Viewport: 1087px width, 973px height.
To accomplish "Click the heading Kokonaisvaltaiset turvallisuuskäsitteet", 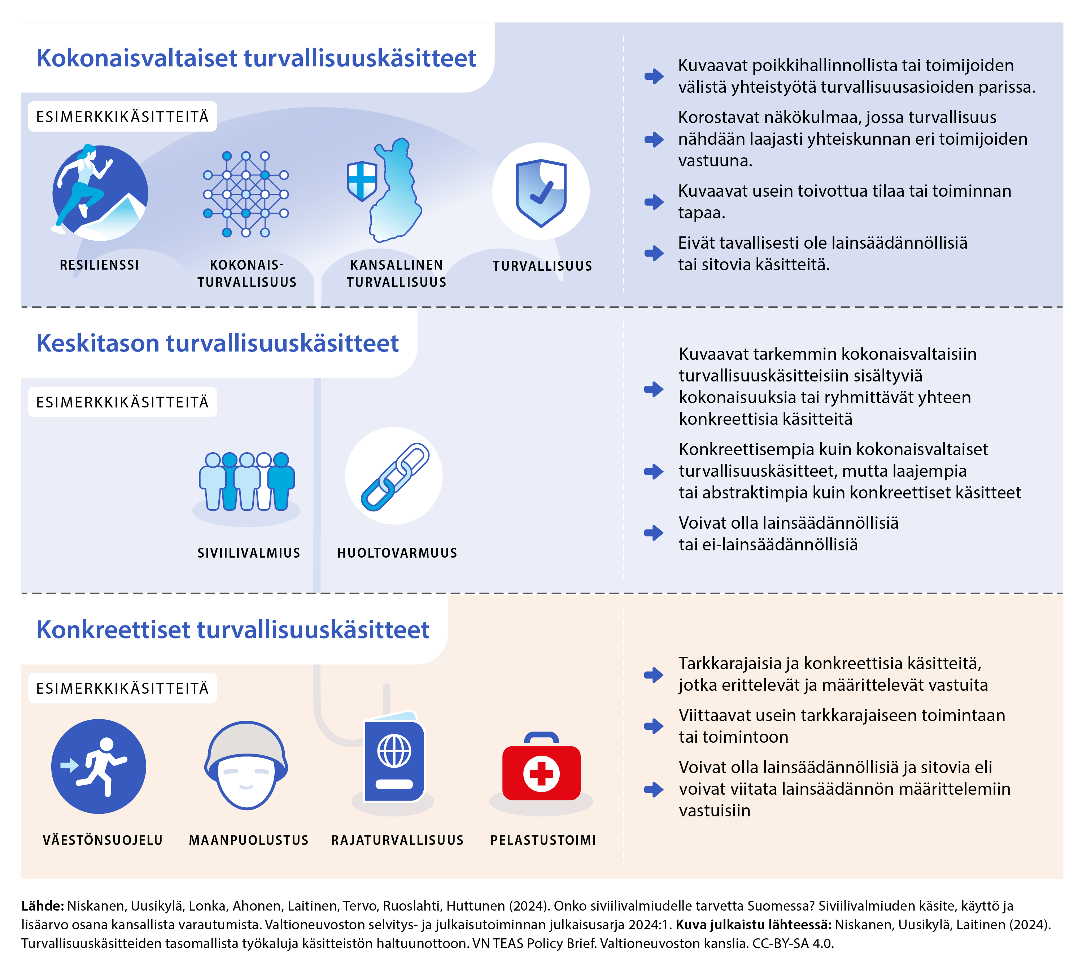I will pos(256,58).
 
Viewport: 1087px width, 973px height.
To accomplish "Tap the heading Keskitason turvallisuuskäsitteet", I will pos(217,343).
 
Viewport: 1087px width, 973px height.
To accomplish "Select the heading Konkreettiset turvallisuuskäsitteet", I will pos(232,629).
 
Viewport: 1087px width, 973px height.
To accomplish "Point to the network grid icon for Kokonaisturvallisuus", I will pos(246,194).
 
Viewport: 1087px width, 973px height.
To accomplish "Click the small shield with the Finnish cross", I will pos(362,181).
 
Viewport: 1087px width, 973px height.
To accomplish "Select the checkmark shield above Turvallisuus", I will pos(541,192).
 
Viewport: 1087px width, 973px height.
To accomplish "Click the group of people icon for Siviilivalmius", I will pos(246,481).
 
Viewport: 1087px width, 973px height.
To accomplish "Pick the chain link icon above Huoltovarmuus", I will pos(394,476).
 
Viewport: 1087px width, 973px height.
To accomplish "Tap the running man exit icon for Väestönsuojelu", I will pos(99,766).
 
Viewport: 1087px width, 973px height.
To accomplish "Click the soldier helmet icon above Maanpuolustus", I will pos(246,764).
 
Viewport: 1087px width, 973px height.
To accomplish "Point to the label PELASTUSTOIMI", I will pos(543,840).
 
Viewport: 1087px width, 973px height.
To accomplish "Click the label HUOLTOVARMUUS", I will pos(397,553).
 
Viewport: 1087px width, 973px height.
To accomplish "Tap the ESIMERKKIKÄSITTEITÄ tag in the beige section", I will pos(122,688).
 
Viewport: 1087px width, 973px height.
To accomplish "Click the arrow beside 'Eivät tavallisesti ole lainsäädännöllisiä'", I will pos(653,253).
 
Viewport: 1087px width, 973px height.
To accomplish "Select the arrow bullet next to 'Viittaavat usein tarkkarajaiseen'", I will pos(653,725).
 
